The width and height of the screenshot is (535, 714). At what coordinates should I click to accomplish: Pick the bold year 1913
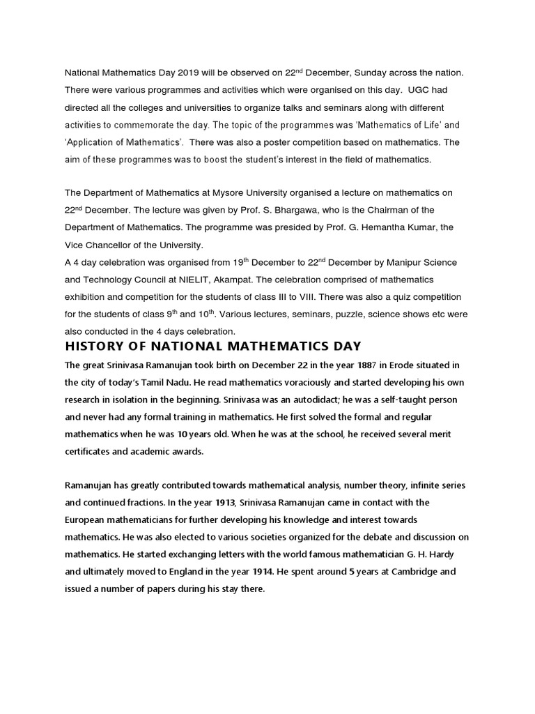point(228,503)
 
